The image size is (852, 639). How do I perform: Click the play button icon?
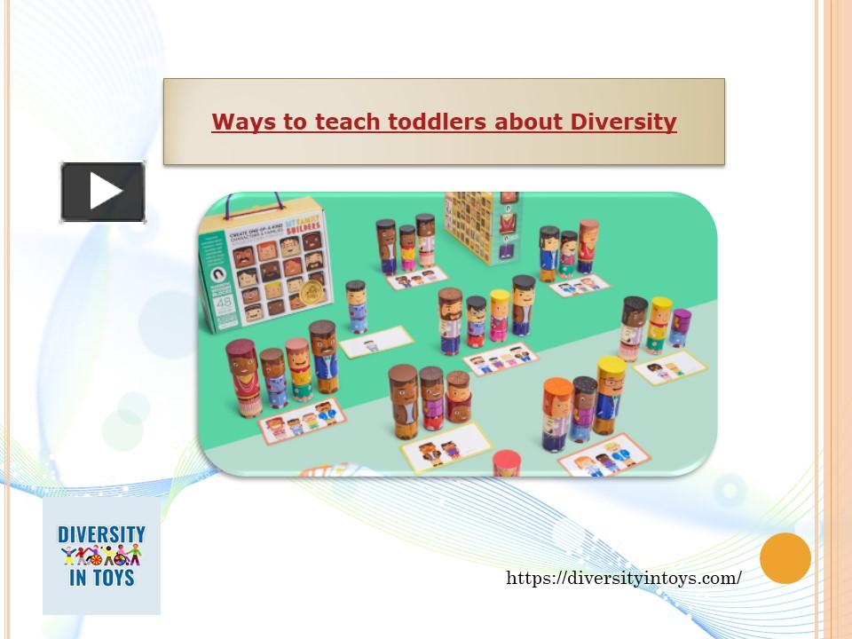[103, 192]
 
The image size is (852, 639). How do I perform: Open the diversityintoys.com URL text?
[624, 578]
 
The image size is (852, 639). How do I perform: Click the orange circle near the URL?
[785, 558]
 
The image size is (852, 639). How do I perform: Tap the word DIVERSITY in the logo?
[101, 535]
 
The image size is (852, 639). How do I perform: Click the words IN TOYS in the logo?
[101, 578]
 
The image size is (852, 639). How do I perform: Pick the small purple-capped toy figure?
[681, 326]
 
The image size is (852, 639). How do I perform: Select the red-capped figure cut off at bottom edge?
[506, 463]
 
